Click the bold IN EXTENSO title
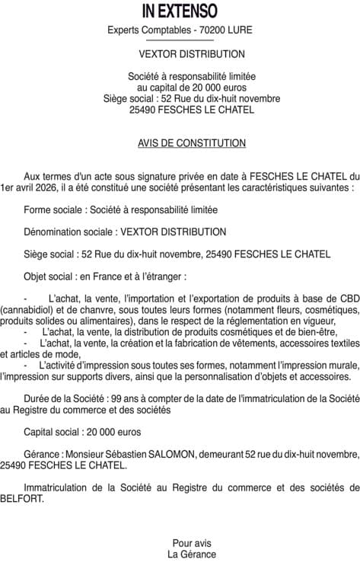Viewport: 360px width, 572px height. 180,11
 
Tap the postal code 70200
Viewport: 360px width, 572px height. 209,30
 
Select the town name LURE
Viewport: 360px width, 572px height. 239,30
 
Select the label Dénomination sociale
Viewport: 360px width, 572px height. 70,232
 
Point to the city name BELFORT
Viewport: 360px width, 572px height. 23,499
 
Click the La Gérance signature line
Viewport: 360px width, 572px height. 192,554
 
